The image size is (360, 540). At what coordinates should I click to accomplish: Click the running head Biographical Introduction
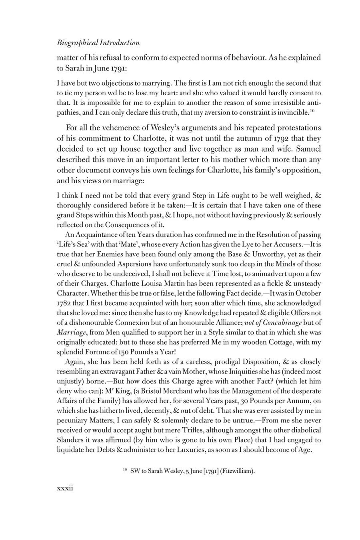[98, 43]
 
